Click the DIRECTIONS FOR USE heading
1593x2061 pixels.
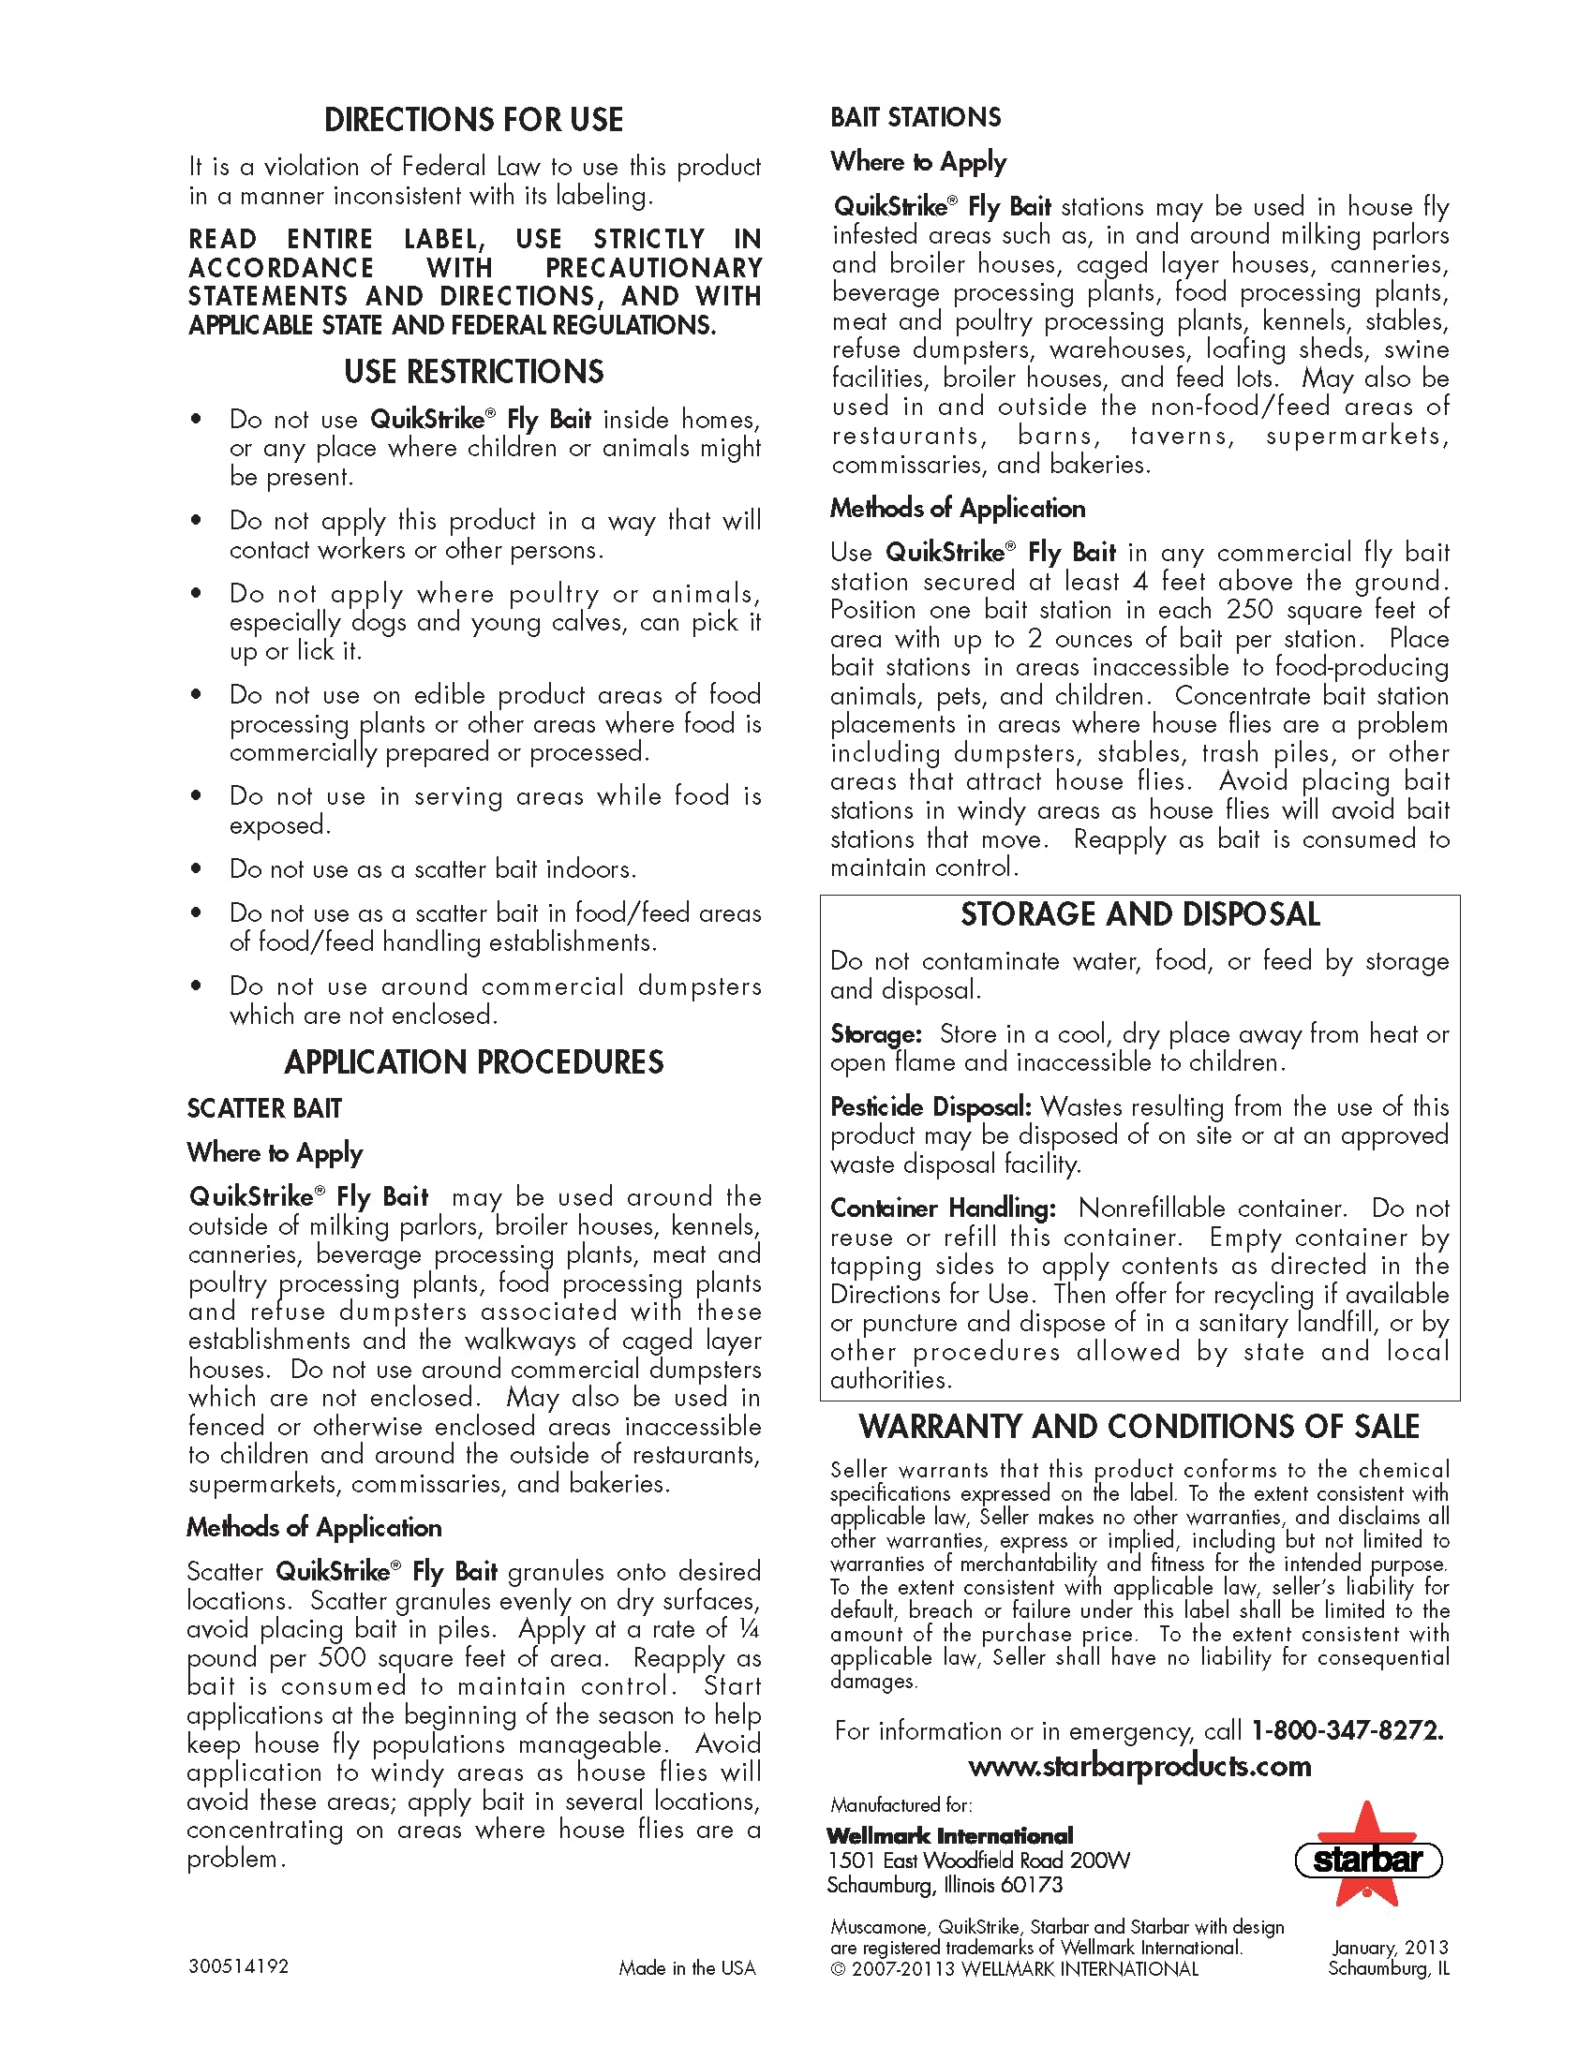473,121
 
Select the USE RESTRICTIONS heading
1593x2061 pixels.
473,372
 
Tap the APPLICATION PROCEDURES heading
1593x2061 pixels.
473,1062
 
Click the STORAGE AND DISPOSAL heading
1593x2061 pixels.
1140,914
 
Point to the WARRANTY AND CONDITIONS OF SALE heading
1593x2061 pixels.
1139,1426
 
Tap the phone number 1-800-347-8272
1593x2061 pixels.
1347,1729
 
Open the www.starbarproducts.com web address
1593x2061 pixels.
1139,1766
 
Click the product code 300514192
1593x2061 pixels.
238,1965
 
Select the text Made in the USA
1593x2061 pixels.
687,1967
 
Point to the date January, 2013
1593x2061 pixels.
1389,1947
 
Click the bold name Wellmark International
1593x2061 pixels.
949,1835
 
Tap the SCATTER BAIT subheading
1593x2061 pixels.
264,1108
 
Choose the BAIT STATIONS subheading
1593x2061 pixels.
916,117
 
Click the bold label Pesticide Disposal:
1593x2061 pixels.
930,1106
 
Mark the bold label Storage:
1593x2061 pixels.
875,1033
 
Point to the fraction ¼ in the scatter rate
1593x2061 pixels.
750,1629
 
